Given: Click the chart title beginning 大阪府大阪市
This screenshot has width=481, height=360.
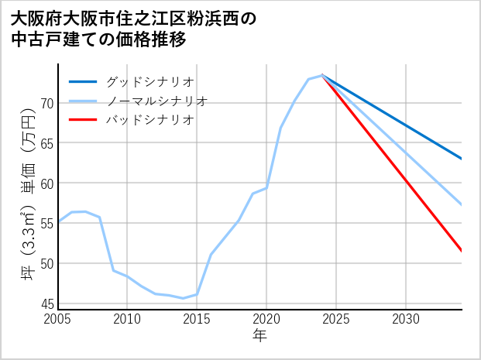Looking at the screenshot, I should (132, 29).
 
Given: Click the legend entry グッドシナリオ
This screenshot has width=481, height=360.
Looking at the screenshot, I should (149, 81).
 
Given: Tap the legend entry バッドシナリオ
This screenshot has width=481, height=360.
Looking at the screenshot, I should (149, 120).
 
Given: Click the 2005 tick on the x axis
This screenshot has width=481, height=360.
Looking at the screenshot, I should (58, 319).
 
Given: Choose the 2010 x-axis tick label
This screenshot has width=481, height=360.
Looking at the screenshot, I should (127, 319).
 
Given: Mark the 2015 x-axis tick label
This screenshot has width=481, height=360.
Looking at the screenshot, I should (197, 319).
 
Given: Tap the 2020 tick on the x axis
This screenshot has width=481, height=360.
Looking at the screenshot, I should (266, 319).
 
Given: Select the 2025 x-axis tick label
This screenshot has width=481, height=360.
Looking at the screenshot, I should (336, 319).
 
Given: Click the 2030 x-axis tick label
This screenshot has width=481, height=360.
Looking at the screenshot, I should (406, 319).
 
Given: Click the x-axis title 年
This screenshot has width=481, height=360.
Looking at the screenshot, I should (260, 336).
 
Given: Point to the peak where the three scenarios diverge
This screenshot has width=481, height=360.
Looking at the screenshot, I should (322, 75).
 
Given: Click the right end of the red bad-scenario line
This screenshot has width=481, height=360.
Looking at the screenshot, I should (462, 251).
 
